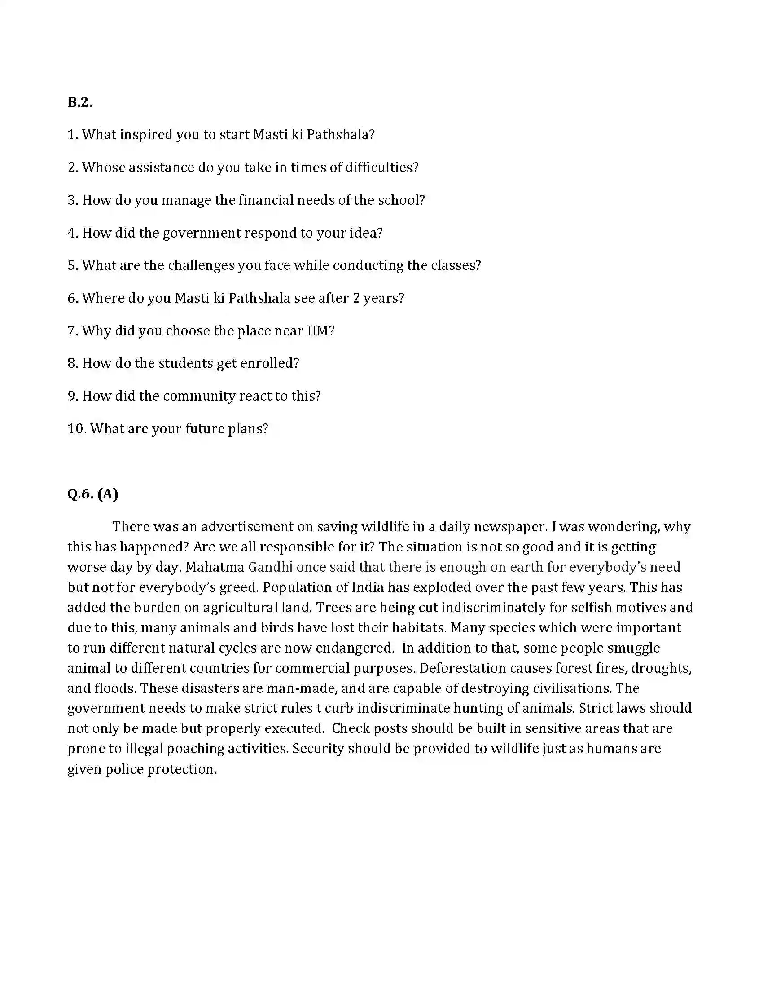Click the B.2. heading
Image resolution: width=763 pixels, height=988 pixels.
click(x=80, y=103)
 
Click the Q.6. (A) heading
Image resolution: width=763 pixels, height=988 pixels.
click(x=92, y=494)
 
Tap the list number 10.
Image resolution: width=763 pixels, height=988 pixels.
click(x=76, y=428)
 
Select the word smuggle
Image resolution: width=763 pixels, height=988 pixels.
click(x=633, y=648)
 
